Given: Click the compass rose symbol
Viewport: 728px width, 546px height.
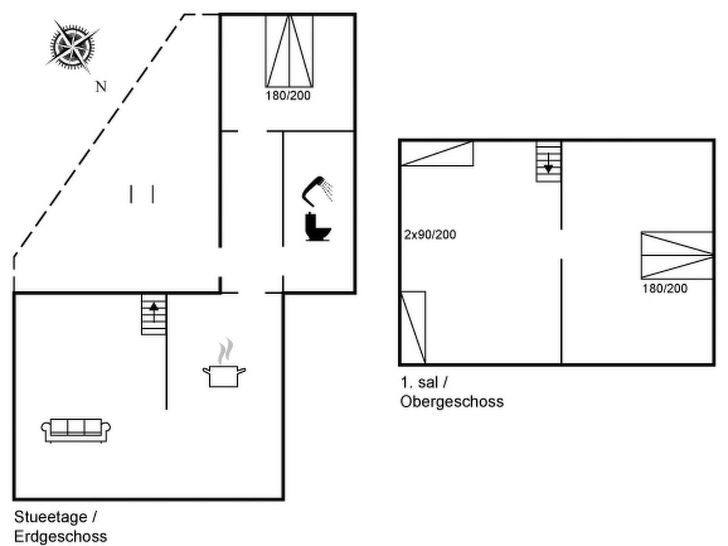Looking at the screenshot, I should (73, 45).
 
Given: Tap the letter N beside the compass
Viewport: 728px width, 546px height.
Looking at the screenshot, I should (101, 86).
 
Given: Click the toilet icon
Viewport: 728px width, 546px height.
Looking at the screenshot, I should (318, 227).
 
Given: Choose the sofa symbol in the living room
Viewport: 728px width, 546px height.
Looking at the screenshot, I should (76, 430).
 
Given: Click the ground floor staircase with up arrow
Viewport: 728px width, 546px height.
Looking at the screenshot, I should (154, 314).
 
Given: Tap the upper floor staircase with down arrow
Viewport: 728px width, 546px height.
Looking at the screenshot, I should (548, 162).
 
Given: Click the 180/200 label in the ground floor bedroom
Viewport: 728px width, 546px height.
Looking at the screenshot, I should (288, 96).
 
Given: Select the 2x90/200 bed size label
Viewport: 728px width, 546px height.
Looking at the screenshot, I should (430, 235).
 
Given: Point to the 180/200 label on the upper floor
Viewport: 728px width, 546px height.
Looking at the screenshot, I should (665, 288).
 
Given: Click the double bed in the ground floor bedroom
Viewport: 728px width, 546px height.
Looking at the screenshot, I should (289, 51).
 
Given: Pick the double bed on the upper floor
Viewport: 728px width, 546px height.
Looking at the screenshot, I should (677, 255).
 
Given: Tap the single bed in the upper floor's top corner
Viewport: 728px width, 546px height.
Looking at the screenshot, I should (437, 153).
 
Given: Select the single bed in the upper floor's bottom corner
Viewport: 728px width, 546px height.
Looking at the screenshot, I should (413, 328).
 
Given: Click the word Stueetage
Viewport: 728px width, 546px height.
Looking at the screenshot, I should (51, 517).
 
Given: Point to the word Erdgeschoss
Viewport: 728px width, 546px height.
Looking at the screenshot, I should (61, 536).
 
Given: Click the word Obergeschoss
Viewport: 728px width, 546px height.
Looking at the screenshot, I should (452, 402).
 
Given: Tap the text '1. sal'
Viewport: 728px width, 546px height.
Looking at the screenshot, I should (419, 383).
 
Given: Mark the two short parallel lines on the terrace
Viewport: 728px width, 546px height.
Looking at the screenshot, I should (142, 194).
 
